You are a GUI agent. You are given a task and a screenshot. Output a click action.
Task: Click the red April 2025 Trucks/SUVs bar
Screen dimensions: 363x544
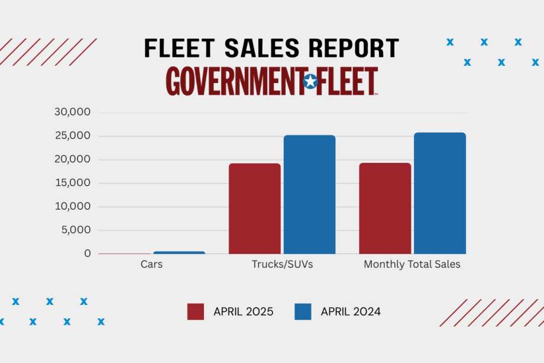point(254,208)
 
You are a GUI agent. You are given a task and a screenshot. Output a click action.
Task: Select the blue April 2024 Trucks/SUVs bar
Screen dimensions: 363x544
point(309,194)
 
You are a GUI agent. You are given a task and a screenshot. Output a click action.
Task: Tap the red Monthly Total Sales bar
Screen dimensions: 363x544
point(385,208)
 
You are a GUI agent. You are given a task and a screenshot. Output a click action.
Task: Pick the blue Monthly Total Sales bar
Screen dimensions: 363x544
point(439,193)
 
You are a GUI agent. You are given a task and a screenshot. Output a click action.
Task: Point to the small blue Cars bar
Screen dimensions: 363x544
point(179,252)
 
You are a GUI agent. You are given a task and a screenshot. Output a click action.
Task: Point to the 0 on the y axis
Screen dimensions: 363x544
point(88,253)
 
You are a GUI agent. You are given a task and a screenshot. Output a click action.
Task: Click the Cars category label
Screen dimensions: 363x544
point(151,265)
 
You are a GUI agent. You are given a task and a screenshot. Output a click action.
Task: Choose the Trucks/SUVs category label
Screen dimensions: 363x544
point(282,265)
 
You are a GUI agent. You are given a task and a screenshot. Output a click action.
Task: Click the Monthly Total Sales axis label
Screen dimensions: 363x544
point(412,265)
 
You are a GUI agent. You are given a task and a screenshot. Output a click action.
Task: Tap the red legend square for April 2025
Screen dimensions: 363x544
point(196,311)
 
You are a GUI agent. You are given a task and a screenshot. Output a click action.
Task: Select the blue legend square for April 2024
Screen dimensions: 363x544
point(303,311)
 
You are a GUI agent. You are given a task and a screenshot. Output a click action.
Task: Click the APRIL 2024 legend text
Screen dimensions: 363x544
point(351,311)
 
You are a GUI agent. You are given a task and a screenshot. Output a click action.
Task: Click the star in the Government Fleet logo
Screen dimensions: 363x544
point(310,82)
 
